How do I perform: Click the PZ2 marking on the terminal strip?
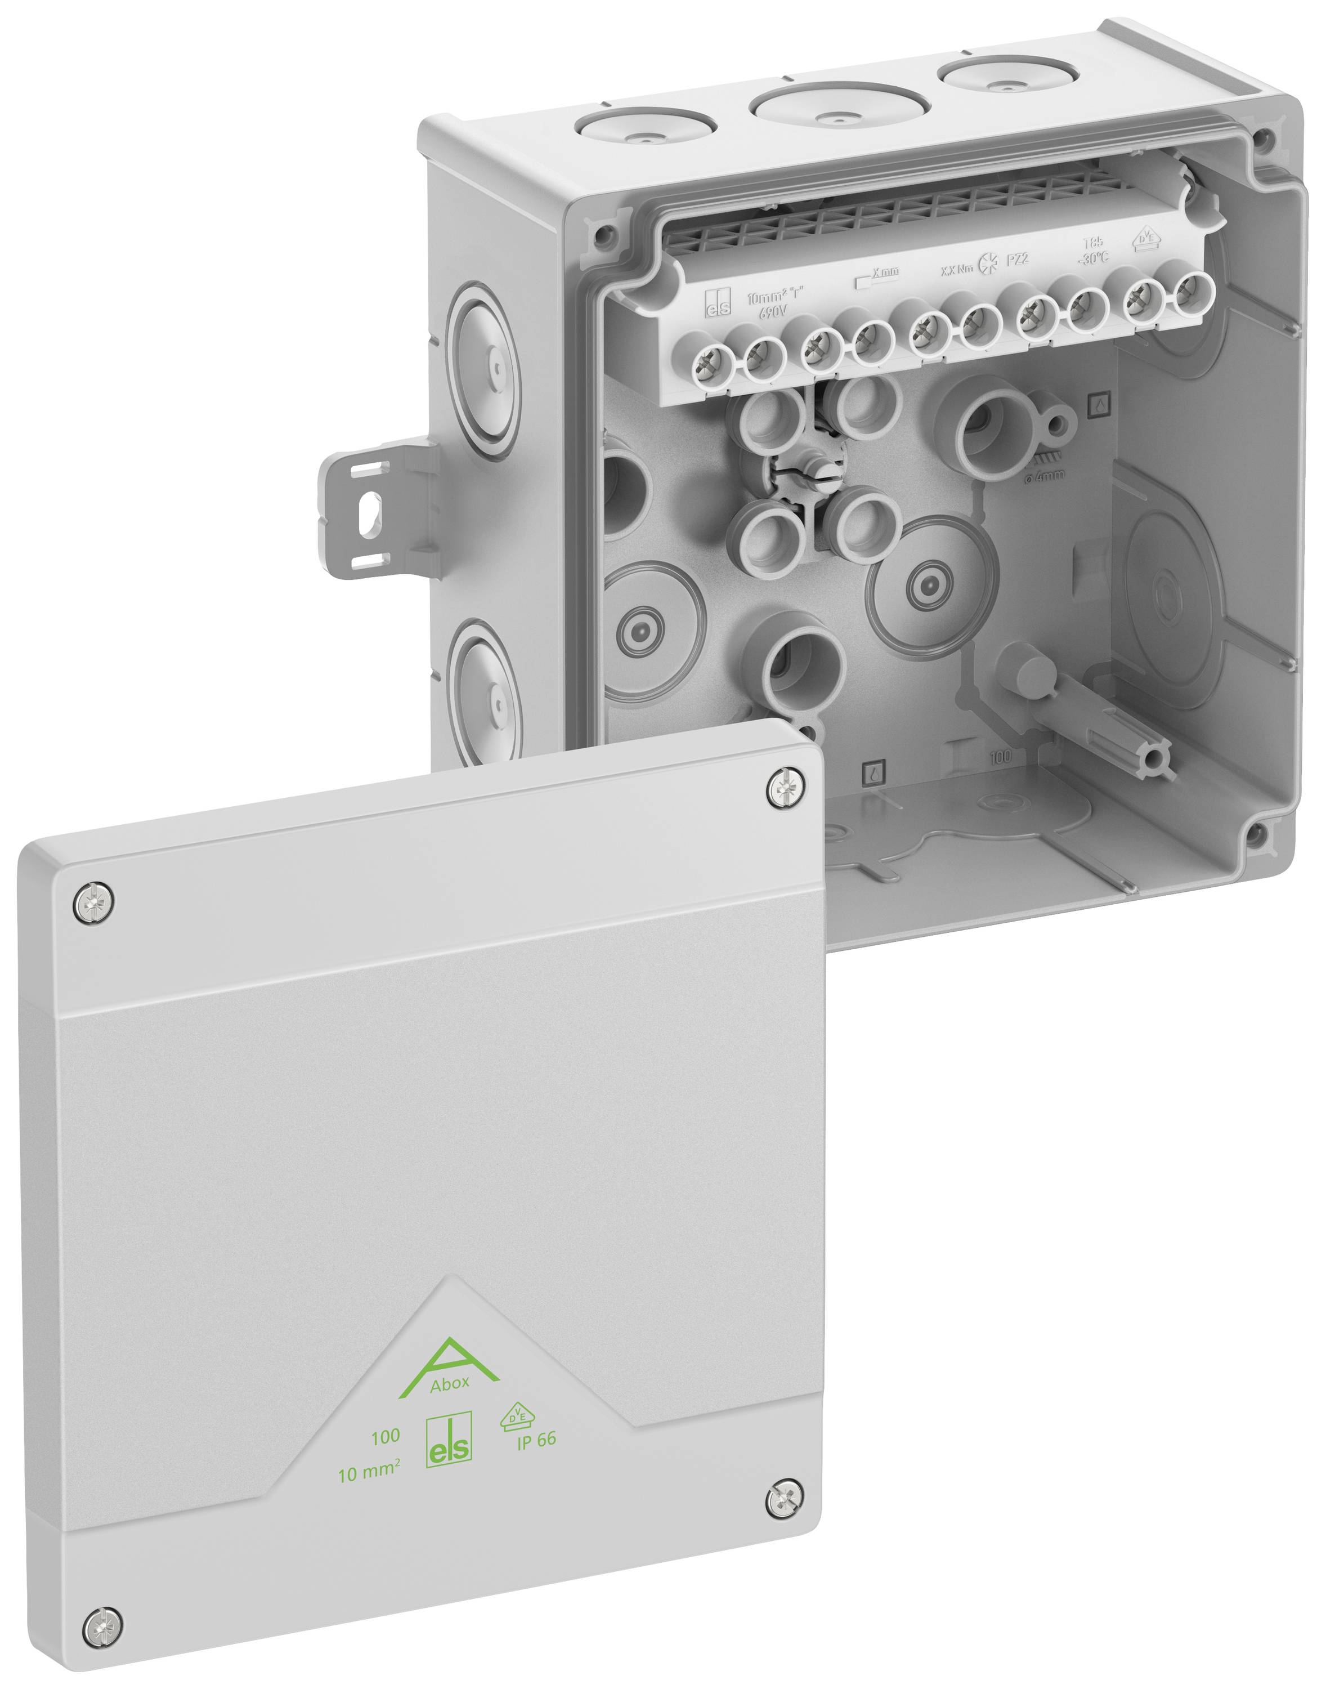(x=1017, y=260)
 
